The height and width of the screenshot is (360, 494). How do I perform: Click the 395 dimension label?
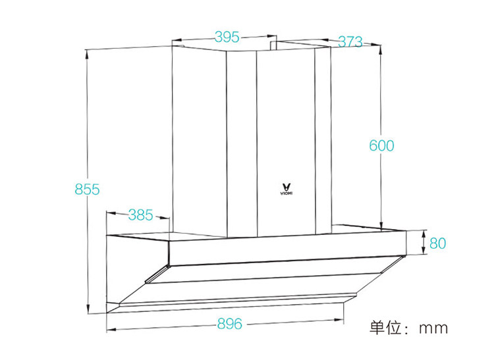pyautogui.click(x=226, y=37)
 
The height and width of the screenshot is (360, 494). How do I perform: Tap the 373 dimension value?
pyautogui.click(x=350, y=42)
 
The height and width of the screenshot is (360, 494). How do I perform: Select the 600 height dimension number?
pyautogui.click(x=381, y=145)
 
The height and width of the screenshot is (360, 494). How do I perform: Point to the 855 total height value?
pyautogui.click(x=87, y=190)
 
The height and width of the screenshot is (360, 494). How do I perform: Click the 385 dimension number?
pyautogui.click(x=140, y=215)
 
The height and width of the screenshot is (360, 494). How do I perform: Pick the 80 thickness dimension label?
pyautogui.click(x=438, y=243)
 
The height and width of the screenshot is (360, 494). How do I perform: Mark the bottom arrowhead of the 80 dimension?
pyautogui.click(x=423, y=253)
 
